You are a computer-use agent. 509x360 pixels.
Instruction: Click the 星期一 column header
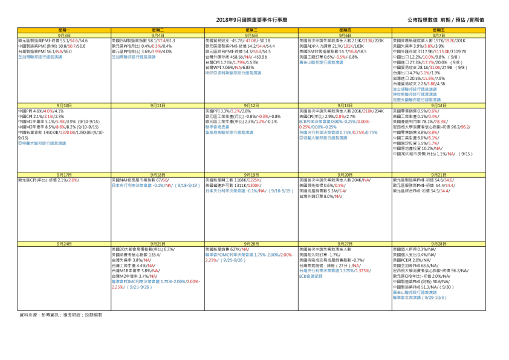(x=64, y=30)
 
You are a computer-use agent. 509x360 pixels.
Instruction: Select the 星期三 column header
(x=251, y=30)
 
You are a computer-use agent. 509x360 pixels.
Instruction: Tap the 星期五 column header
(x=439, y=30)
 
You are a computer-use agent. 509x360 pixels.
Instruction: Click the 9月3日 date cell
(x=64, y=36)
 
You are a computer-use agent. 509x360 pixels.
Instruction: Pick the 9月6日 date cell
(x=345, y=36)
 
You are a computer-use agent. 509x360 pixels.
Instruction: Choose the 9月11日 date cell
(x=158, y=105)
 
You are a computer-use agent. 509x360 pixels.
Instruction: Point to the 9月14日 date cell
(x=439, y=105)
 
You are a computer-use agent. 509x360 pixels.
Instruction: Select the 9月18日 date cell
(x=158, y=174)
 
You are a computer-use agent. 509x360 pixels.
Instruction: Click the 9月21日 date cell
(x=439, y=174)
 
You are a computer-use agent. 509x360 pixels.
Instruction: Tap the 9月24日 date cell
(x=64, y=243)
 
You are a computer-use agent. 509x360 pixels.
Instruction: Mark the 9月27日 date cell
(x=345, y=243)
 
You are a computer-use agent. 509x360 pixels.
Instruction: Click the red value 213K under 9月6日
(x=368, y=41)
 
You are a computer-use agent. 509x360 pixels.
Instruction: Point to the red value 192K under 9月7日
(x=450, y=41)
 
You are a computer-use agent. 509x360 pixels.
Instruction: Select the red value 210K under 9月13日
(x=368, y=111)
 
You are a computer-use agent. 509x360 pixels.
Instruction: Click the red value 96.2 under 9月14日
(x=465, y=127)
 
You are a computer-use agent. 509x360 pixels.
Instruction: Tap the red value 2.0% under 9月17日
(x=73, y=180)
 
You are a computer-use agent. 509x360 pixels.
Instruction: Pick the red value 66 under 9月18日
(x=165, y=180)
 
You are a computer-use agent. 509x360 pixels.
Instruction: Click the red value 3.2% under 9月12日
(x=236, y=111)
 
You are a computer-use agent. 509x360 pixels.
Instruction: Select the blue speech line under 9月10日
(x=42, y=143)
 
